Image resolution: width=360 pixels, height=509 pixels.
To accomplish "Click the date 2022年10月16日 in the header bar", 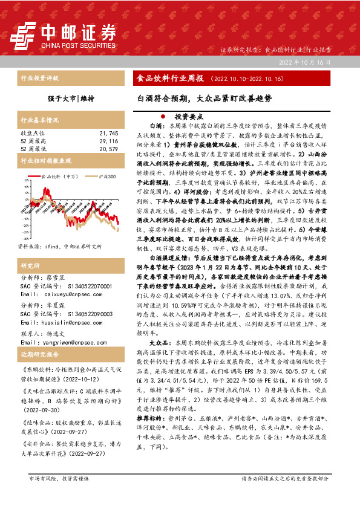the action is click(305, 63).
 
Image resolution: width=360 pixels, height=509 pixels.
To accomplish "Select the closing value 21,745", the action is click(108, 132).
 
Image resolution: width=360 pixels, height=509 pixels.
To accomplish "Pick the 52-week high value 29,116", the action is click(108, 140).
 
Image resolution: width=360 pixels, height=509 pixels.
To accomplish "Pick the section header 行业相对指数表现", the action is click(46, 161).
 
